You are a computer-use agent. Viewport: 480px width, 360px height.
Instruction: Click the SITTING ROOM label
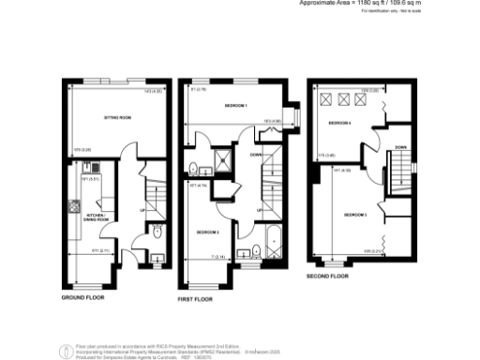[117, 118]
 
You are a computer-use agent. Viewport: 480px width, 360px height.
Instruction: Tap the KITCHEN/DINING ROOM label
[97, 217]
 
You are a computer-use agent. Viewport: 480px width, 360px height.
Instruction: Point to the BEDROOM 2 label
[354, 215]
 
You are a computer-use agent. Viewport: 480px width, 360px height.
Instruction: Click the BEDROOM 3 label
[207, 231]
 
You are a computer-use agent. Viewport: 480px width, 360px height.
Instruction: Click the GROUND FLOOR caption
[82, 297]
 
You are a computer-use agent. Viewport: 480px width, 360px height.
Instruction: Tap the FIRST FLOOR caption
[195, 298]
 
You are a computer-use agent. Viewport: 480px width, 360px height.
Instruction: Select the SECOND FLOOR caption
[328, 277]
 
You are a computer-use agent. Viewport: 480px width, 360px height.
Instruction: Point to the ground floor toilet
[157, 232]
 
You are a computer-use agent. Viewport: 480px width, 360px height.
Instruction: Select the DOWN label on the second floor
[400, 147]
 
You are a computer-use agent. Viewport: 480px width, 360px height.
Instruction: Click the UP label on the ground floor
[142, 209]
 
